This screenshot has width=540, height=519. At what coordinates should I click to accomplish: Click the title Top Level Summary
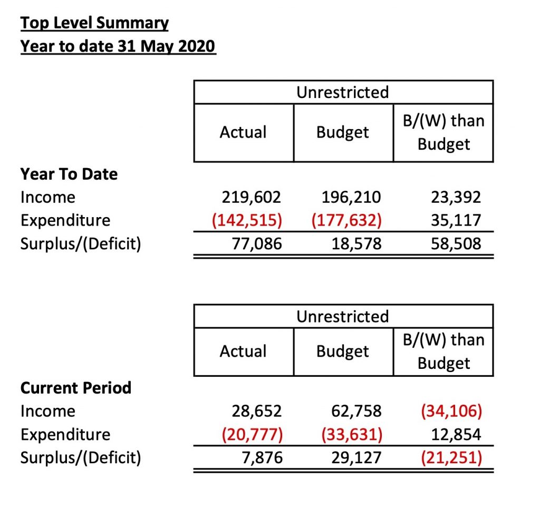pyautogui.click(x=95, y=23)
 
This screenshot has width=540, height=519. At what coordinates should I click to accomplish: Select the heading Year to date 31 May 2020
pyautogui.click(x=118, y=46)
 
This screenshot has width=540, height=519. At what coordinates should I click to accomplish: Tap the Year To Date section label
pyautogui.click(x=69, y=174)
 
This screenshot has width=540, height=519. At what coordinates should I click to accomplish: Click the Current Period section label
pyautogui.click(x=76, y=388)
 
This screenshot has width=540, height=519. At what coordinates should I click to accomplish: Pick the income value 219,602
pyautogui.click(x=252, y=197)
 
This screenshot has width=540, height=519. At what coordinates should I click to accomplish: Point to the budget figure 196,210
pyautogui.click(x=351, y=197)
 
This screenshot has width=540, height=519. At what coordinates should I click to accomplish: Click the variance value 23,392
pyautogui.click(x=456, y=197)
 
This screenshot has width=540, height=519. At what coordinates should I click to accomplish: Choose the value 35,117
pyautogui.click(x=456, y=220)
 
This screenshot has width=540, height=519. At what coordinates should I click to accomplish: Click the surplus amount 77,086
pyautogui.click(x=257, y=243)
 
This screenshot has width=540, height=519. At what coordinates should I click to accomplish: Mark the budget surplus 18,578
pyautogui.click(x=356, y=243)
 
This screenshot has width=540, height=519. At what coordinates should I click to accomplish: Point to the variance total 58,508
pyautogui.click(x=456, y=243)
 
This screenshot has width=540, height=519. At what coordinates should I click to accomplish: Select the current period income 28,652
pyautogui.click(x=257, y=411)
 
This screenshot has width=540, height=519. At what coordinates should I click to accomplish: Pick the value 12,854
pyautogui.click(x=456, y=434)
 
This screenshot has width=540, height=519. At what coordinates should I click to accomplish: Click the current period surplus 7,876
pyautogui.click(x=262, y=458)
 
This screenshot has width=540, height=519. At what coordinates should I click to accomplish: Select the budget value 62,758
pyautogui.click(x=356, y=411)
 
